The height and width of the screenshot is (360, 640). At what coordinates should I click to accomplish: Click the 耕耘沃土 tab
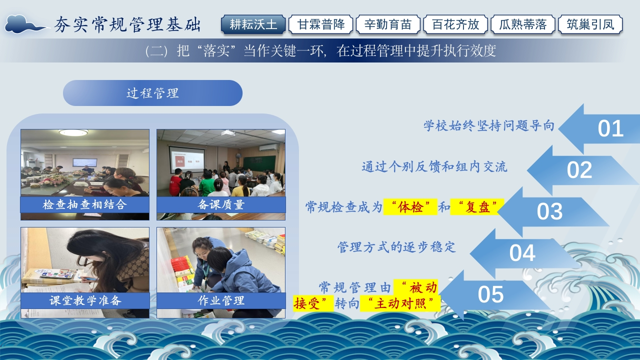tap(253, 24)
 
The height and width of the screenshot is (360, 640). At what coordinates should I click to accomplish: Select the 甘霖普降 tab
tap(321, 24)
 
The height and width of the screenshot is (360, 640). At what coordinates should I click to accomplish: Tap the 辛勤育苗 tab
tap(388, 24)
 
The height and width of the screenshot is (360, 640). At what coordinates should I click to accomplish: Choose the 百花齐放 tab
tap(455, 24)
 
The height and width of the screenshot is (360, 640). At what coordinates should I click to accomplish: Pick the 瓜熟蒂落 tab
tap(523, 24)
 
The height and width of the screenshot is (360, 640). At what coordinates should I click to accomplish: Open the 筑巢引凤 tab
tap(590, 24)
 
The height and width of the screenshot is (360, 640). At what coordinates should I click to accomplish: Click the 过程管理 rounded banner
tap(152, 93)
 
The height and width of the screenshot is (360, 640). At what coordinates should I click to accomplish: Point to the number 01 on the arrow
tap(610, 128)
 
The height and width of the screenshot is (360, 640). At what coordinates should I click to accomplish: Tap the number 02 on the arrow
tap(579, 170)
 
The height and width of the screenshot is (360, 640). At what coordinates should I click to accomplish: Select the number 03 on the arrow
tap(549, 211)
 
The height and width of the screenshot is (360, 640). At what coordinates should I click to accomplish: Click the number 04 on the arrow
tap(522, 253)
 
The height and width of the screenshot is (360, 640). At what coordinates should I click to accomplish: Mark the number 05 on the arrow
tap(490, 294)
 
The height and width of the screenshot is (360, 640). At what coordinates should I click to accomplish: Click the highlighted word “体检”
tap(410, 207)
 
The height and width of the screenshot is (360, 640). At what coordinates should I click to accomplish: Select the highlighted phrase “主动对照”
tap(400, 303)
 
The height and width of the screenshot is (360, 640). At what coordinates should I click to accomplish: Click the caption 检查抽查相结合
tap(84, 204)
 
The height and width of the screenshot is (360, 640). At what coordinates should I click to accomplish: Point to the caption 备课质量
tap(221, 204)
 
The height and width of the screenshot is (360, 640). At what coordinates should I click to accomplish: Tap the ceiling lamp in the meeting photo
tap(73, 132)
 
